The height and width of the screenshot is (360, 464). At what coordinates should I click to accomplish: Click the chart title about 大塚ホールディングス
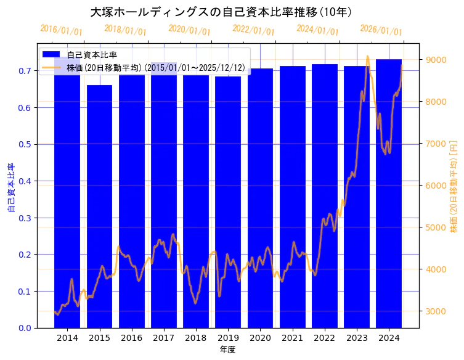(x=221, y=12)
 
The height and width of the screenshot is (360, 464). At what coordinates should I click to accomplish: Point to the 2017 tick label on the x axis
(x=163, y=338)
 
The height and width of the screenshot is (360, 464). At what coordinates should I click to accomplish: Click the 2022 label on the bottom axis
(x=324, y=338)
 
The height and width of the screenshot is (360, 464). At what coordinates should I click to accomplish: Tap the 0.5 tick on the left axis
(x=25, y=144)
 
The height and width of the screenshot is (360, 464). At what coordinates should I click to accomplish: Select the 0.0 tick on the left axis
(x=25, y=328)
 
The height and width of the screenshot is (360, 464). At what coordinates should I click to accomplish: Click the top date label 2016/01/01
(x=60, y=30)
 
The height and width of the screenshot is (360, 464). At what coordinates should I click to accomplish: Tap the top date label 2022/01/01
(x=253, y=30)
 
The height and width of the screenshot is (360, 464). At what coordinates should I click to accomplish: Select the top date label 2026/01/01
(x=381, y=30)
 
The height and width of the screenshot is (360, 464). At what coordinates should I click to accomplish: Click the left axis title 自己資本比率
(x=11, y=187)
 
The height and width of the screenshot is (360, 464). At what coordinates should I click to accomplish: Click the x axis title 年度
(x=227, y=350)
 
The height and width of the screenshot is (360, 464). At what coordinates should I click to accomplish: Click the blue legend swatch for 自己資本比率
(x=51, y=55)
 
